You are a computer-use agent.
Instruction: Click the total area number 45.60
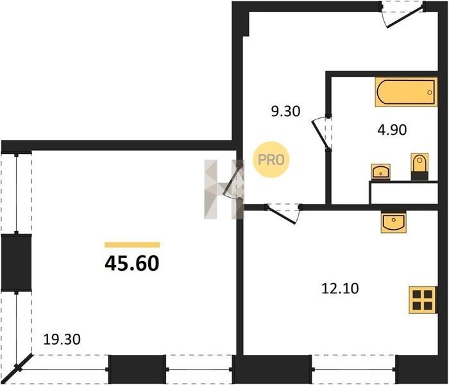[132, 264]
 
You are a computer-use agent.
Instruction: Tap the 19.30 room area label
[62, 339]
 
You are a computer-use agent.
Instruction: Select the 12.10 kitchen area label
[340, 288]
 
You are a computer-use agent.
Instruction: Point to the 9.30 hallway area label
[286, 112]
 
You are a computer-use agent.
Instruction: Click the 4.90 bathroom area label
[392, 130]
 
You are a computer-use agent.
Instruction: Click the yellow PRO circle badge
[271, 160]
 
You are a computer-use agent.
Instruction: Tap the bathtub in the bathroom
[406, 92]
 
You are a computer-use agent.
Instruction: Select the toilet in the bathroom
[419, 167]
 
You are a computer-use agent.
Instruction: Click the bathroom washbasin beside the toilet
[381, 172]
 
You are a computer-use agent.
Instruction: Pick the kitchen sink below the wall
[393, 222]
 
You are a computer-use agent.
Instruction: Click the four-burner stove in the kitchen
[423, 300]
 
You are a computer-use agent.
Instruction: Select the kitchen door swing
[283, 214]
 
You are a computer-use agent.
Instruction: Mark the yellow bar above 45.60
[132, 244]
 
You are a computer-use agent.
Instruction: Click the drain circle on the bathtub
[430, 92]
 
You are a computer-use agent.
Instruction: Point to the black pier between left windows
[16, 262]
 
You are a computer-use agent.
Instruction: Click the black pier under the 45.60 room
[137, 369]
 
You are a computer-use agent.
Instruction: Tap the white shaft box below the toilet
[403, 193]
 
